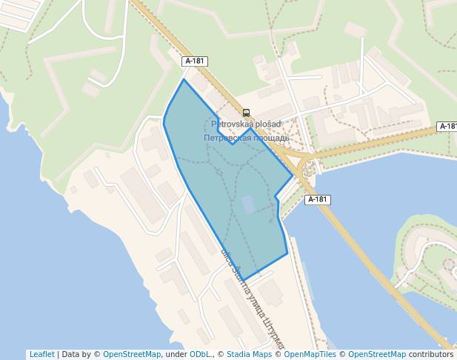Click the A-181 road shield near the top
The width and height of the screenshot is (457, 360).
195,61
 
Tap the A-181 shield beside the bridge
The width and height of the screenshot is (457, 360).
317,200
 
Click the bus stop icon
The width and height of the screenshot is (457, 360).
247,113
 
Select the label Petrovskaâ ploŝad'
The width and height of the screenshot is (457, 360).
245,124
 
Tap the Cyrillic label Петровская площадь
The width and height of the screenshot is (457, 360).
246,138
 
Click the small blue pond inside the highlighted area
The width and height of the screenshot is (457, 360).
248,204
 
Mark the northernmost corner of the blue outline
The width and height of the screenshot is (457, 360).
184,79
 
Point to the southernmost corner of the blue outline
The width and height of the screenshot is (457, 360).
243,281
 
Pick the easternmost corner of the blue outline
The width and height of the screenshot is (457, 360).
293,177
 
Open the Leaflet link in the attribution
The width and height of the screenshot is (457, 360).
42,354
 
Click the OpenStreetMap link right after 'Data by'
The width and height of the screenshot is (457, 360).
132,354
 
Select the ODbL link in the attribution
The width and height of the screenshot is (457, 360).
200,354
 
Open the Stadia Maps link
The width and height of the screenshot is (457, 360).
249,354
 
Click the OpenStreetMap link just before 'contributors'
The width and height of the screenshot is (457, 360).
377,354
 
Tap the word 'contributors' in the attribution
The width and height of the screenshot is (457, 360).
430,354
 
